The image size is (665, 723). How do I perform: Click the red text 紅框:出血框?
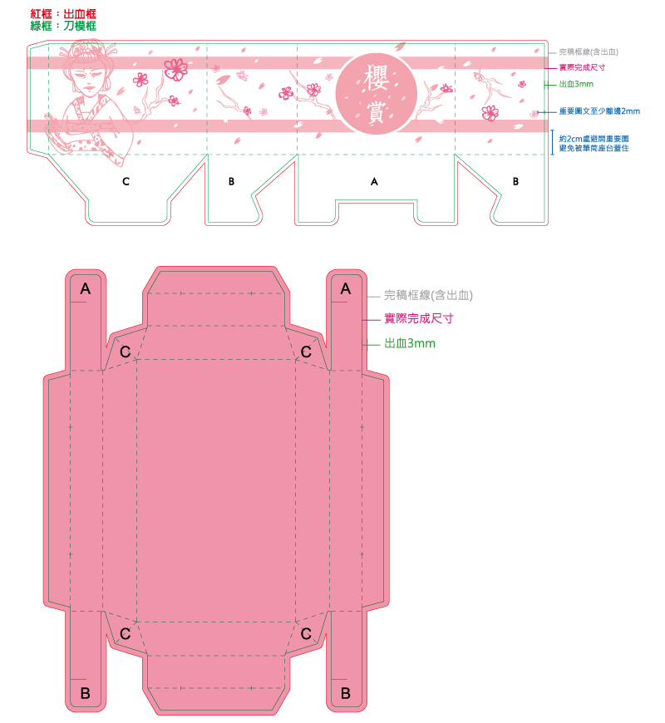(x=63, y=14)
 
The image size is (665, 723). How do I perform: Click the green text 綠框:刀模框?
(x=63, y=26)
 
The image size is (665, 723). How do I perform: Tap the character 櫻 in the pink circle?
(x=376, y=77)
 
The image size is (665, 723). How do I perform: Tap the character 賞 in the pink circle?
(x=376, y=111)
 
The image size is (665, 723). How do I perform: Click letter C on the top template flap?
(x=126, y=182)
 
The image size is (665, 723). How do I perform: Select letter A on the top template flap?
(x=374, y=182)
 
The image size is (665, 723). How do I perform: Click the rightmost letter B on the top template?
(x=515, y=182)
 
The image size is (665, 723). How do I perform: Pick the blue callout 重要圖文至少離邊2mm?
(x=599, y=111)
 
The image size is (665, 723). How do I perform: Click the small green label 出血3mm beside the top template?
(x=576, y=84)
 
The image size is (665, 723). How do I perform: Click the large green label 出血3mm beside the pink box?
(x=410, y=343)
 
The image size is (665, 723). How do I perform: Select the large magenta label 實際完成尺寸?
(x=419, y=318)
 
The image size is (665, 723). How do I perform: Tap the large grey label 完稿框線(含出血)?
(x=428, y=295)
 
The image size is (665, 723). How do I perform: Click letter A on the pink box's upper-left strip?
(x=86, y=289)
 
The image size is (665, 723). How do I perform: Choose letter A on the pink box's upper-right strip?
(x=346, y=289)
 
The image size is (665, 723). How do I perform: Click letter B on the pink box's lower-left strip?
(x=86, y=693)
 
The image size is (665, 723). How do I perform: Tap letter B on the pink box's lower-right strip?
(x=346, y=693)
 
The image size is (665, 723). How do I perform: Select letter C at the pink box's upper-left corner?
(x=125, y=352)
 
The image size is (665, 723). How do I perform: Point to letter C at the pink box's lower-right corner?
(x=306, y=634)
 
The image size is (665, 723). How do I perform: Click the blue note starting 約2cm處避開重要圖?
(x=594, y=144)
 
